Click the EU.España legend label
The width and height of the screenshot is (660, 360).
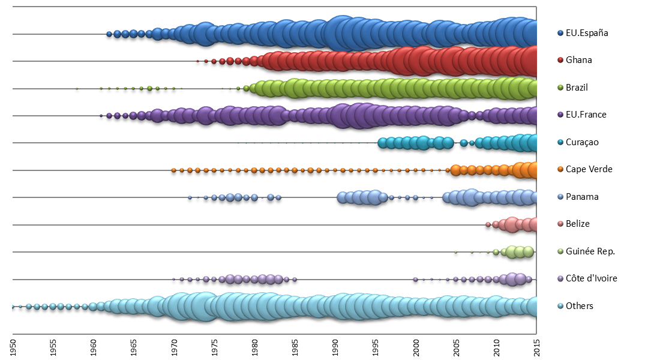pos(587,33)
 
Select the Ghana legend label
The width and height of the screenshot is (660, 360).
pos(578,60)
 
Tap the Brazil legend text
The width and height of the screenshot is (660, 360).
pos(577,88)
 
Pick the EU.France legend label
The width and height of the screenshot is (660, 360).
pos(586,115)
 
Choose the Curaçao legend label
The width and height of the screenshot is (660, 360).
pos(582,142)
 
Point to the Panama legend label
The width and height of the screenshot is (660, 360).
pos(581,197)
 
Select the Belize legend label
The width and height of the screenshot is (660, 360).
pos(577,224)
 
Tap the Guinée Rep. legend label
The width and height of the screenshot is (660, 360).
pos(590,251)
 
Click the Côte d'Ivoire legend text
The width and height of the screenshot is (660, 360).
pos(592,278)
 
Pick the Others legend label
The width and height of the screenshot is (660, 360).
pos(579,306)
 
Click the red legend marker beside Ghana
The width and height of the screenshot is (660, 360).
pos(560,60)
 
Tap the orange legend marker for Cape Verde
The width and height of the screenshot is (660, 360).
pos(560,169)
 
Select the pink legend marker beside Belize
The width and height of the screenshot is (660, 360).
pos(560,224)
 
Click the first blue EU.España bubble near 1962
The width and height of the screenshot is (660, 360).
pos(109,34)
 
